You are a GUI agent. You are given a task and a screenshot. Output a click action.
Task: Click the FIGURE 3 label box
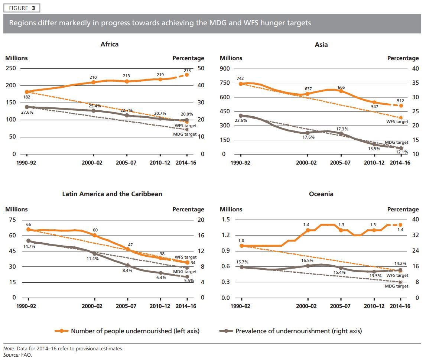21,8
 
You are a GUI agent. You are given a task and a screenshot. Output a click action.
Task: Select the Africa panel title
110,44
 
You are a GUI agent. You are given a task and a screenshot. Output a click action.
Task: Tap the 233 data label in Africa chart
187,70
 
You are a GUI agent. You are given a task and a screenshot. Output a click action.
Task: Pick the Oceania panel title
321,194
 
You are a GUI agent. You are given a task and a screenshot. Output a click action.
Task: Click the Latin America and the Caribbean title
112,194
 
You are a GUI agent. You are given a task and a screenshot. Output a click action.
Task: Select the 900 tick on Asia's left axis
225,69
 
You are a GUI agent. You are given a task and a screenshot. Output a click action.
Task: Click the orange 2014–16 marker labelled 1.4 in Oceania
400,225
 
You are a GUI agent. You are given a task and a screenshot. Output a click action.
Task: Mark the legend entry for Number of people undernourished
127,331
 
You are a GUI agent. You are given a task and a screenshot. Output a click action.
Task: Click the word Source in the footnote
11,355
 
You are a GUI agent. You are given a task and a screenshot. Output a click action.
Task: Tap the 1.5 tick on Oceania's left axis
225,220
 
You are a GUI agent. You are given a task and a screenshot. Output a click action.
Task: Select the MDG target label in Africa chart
185,134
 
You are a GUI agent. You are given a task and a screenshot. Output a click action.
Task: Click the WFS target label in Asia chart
397,121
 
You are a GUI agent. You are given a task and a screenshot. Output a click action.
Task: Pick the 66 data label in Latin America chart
29,225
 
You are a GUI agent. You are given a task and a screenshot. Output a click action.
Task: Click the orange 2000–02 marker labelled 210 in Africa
93,82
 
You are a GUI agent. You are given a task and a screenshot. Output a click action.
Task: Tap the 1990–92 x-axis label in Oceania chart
241,306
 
